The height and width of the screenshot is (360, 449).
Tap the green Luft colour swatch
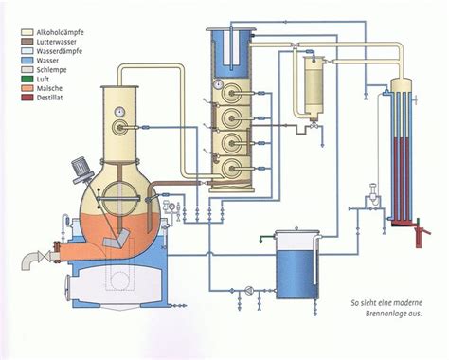coord(19,81)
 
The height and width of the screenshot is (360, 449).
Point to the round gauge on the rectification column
coord(218,85)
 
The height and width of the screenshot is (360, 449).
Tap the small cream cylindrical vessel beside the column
coord(311,85)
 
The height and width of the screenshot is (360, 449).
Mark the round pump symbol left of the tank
coord(248,288)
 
